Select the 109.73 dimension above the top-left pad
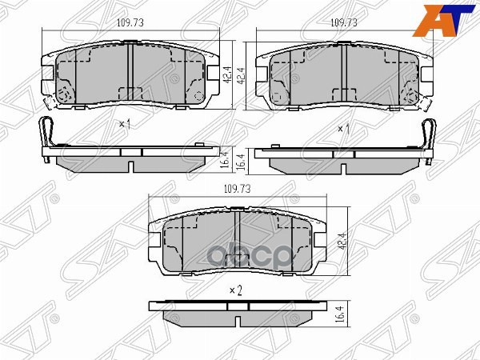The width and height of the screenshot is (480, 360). (120, 24)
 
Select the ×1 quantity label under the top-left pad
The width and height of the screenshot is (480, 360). (124, 125)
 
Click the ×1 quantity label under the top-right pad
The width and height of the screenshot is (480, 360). (344, 128)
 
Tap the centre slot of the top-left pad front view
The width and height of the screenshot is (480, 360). (130, 72)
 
